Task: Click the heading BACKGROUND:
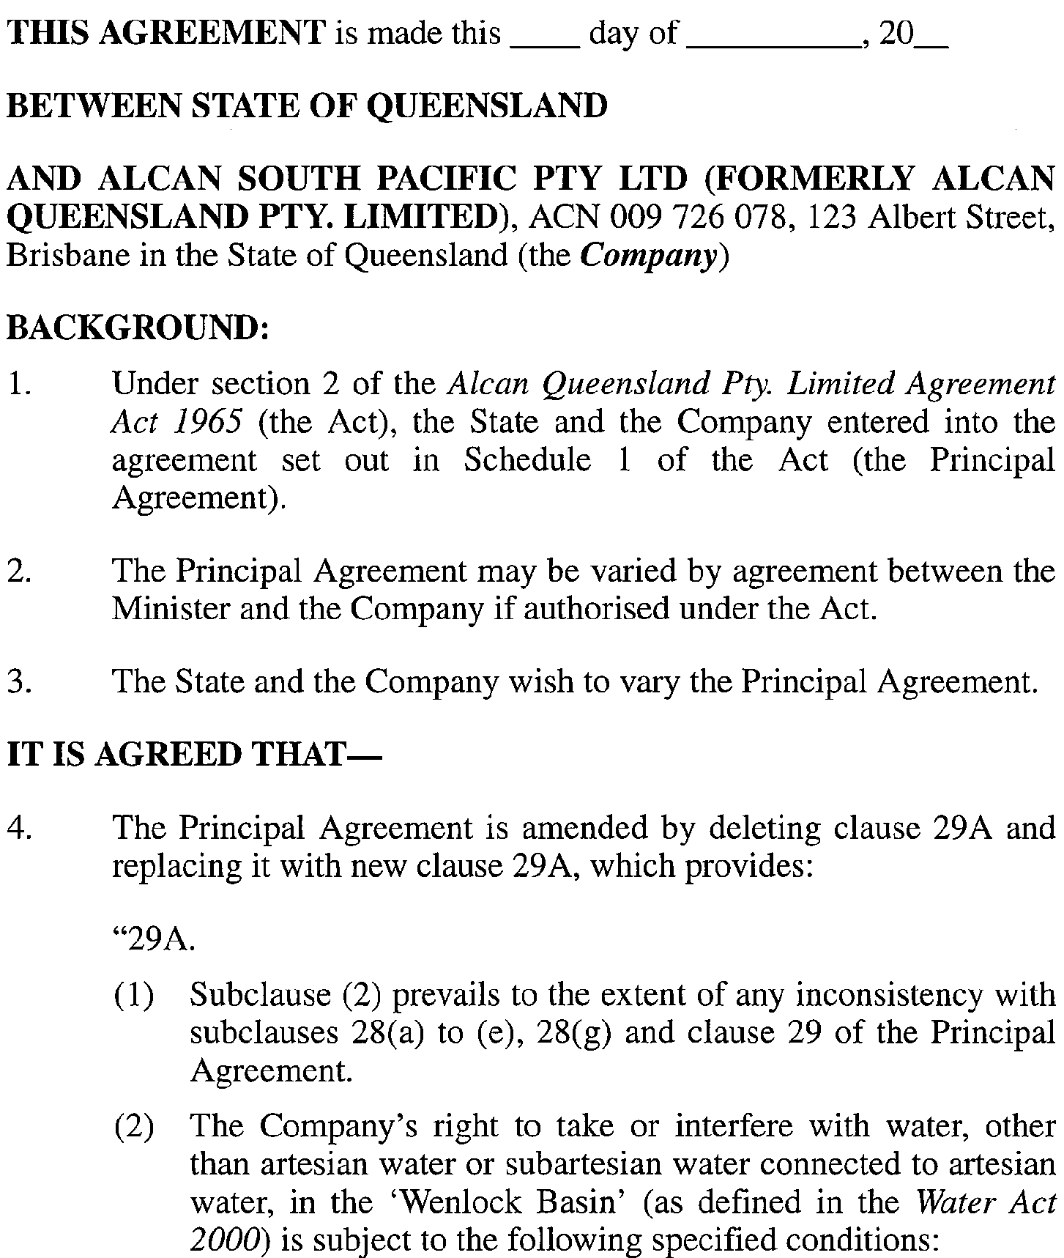(x=138, y=328)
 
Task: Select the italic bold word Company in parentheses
(x=648, y=256)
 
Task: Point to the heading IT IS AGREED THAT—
(x=194, y=755)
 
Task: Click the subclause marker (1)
(x=134, y=995)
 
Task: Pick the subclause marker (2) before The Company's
(x=134, y=1126)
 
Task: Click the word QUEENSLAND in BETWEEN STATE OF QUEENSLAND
(x=486, y=106)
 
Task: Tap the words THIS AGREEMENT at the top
(x=165, y=33)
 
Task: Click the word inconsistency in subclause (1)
(x=926, y=995)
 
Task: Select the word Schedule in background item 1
(x=527, y=460)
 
